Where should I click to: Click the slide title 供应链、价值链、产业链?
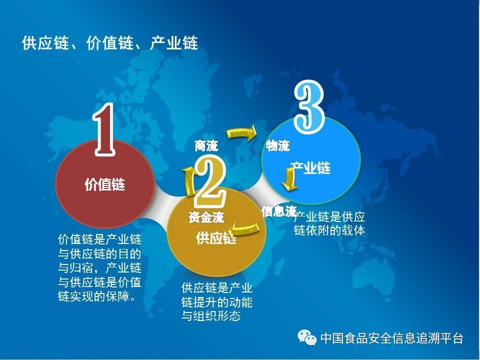pyautogui.click(x=110, y=42)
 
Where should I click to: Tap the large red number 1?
pyautogui.click(x=104, y=129)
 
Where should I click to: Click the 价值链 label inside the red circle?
pyautogui.click(x=104, y=184)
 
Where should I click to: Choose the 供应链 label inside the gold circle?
pyautogui.click(x=216, y=238)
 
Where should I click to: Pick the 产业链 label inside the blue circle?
pyautogui.click(x=310, y=168)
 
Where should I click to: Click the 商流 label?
pyautogui.click(x=206, y=145)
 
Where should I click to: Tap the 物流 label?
pyautogui.click(x=277, y=145)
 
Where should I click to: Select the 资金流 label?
pyautogui.click(x=206, y=217)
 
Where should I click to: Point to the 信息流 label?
pyautogui.click(x=279, y=211)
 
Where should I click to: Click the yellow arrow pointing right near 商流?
pyautogui.click(x=242, y=133)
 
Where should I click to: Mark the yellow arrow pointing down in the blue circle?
pyautogui.click(x=289, y=179)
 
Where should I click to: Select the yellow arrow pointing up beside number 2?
pyautogui.click(x=190, y=181)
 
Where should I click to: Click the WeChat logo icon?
pyautogui.click(x=307, y=337)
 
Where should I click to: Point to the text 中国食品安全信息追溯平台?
pyautogui.click(x=392, y=338)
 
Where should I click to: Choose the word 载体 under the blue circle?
pyautogui.click(x=353, y=230)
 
